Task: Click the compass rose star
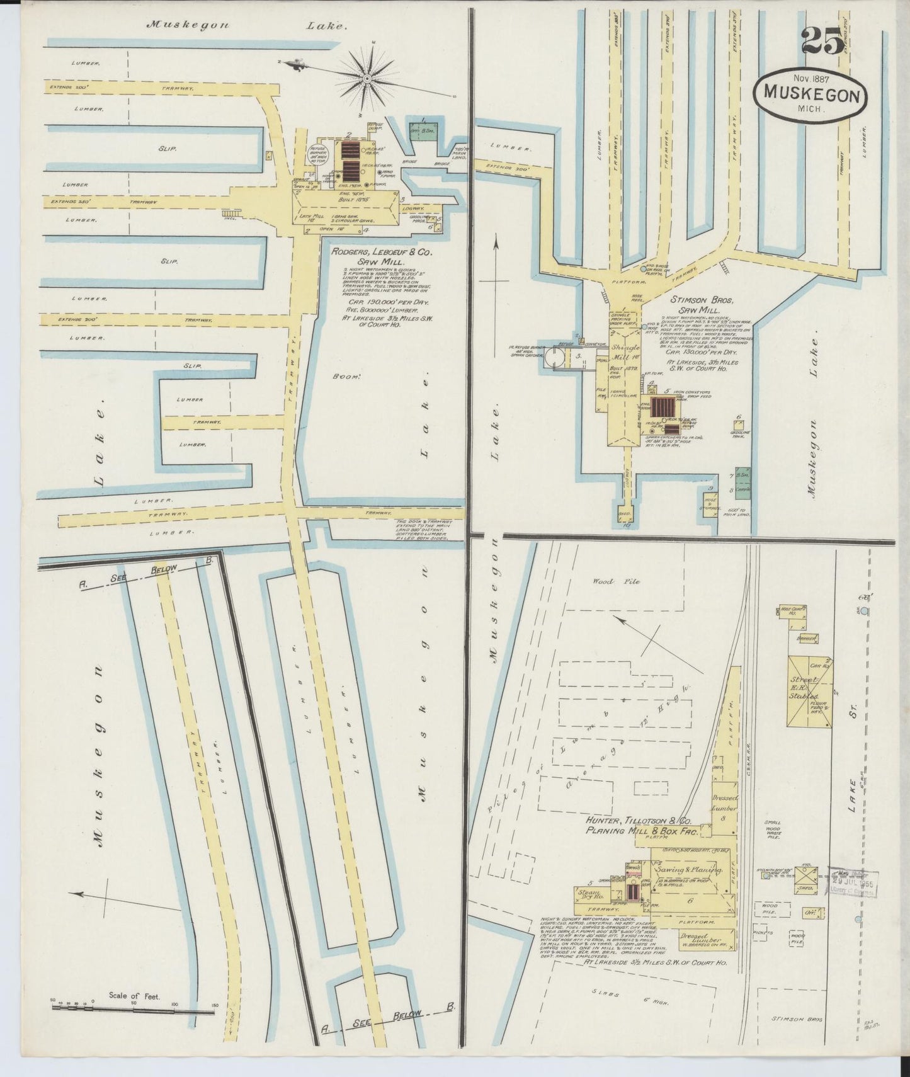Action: point(367,78)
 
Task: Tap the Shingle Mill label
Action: point(624,351)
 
